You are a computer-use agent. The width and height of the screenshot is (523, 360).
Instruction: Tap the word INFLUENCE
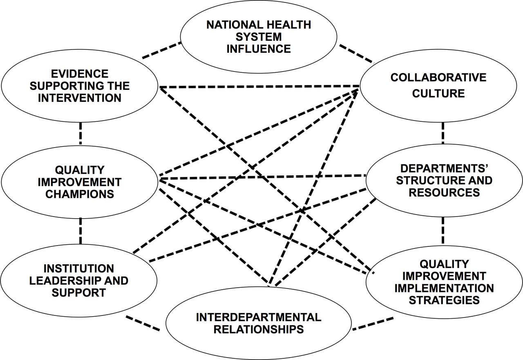[259, 49]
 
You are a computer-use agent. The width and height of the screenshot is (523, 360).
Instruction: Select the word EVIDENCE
[80, 74]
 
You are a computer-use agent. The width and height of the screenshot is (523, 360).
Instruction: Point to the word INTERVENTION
[80, 98]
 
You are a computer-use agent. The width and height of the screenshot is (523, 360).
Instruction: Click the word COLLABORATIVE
[438, 78]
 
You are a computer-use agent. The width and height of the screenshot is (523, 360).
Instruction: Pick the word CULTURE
[438, 94]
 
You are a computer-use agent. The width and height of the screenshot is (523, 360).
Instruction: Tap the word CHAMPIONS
[80, 194]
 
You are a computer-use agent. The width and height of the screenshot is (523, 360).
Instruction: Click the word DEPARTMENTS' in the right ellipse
[444, 169]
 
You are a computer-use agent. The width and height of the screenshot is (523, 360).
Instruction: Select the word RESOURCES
[444, 193]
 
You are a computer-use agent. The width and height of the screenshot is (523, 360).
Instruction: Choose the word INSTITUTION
[79, 269]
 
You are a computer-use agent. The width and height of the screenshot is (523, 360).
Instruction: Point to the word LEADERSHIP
[63, 281]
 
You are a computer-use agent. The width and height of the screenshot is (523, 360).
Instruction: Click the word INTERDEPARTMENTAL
[259, 318]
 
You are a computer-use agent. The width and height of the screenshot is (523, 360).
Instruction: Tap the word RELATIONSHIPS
[259, 330]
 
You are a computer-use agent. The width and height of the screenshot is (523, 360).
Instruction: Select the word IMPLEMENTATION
[444, 288]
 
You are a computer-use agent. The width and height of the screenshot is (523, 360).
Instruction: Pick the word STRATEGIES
[444, 300]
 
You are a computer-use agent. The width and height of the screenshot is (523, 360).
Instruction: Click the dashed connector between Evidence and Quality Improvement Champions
[80, 133]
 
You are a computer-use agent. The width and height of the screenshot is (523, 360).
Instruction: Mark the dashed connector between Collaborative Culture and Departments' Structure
[443, 133]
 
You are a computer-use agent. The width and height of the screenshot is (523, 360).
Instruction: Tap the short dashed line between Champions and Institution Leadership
[80, 231]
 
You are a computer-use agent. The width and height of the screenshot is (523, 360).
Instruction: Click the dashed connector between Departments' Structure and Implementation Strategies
[443, 230]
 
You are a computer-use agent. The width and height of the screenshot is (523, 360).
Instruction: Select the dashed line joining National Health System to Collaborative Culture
[356, 54]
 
